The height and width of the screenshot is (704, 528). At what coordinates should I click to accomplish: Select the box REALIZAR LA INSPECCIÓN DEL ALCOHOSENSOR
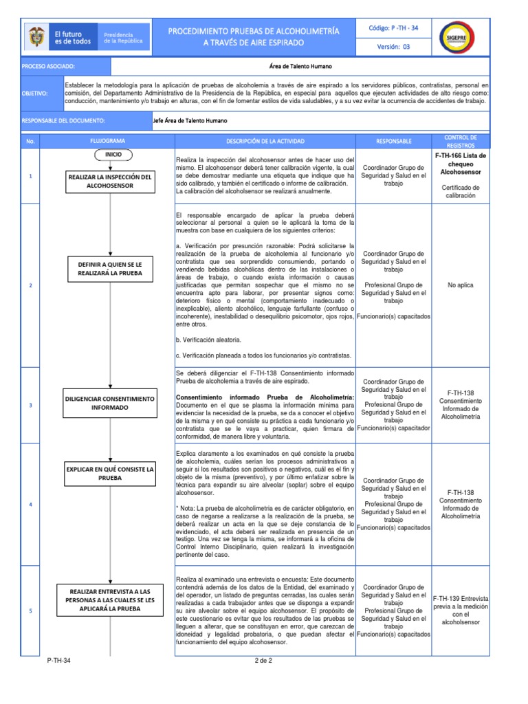(x=109, y=181)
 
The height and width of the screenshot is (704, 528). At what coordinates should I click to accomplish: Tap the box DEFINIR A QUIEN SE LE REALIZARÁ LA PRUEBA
(x=109, y=269)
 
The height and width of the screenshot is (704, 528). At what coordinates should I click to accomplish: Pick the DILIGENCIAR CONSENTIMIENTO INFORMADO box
(x=109, y=403)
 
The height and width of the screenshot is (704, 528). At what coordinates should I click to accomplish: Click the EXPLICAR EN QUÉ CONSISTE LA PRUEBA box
(x=109, y=473)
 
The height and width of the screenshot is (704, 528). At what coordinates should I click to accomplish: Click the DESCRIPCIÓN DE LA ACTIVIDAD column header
(x=265, y=141)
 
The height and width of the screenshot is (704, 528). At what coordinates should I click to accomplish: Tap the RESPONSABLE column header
(x=394, y=141)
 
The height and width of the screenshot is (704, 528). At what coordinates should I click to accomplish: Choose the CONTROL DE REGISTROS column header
(x=460, y=141)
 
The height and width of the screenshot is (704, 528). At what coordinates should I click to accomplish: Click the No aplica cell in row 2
(x=460, y=285)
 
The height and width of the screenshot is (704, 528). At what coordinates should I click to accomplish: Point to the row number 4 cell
(x=30, y=505)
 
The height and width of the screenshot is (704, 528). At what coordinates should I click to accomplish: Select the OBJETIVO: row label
(x=34, y=91)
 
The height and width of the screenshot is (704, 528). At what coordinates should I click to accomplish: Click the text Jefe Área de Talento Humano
(x=189, y=120)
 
